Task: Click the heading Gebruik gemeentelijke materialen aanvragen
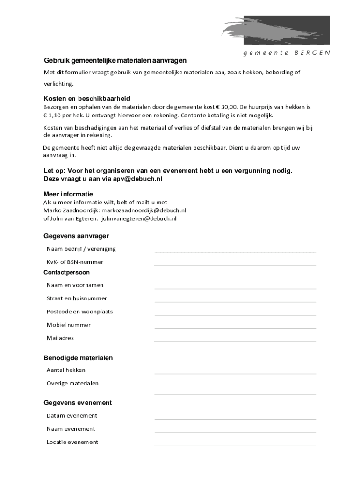115,60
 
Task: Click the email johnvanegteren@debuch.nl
139,218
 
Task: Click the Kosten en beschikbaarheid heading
86,99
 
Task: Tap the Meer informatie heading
68,194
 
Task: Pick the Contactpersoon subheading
66,272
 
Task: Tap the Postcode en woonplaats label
79,312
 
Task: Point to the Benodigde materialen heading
78,358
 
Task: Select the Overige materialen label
72,383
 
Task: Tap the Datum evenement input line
235,419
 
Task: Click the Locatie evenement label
72,442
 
